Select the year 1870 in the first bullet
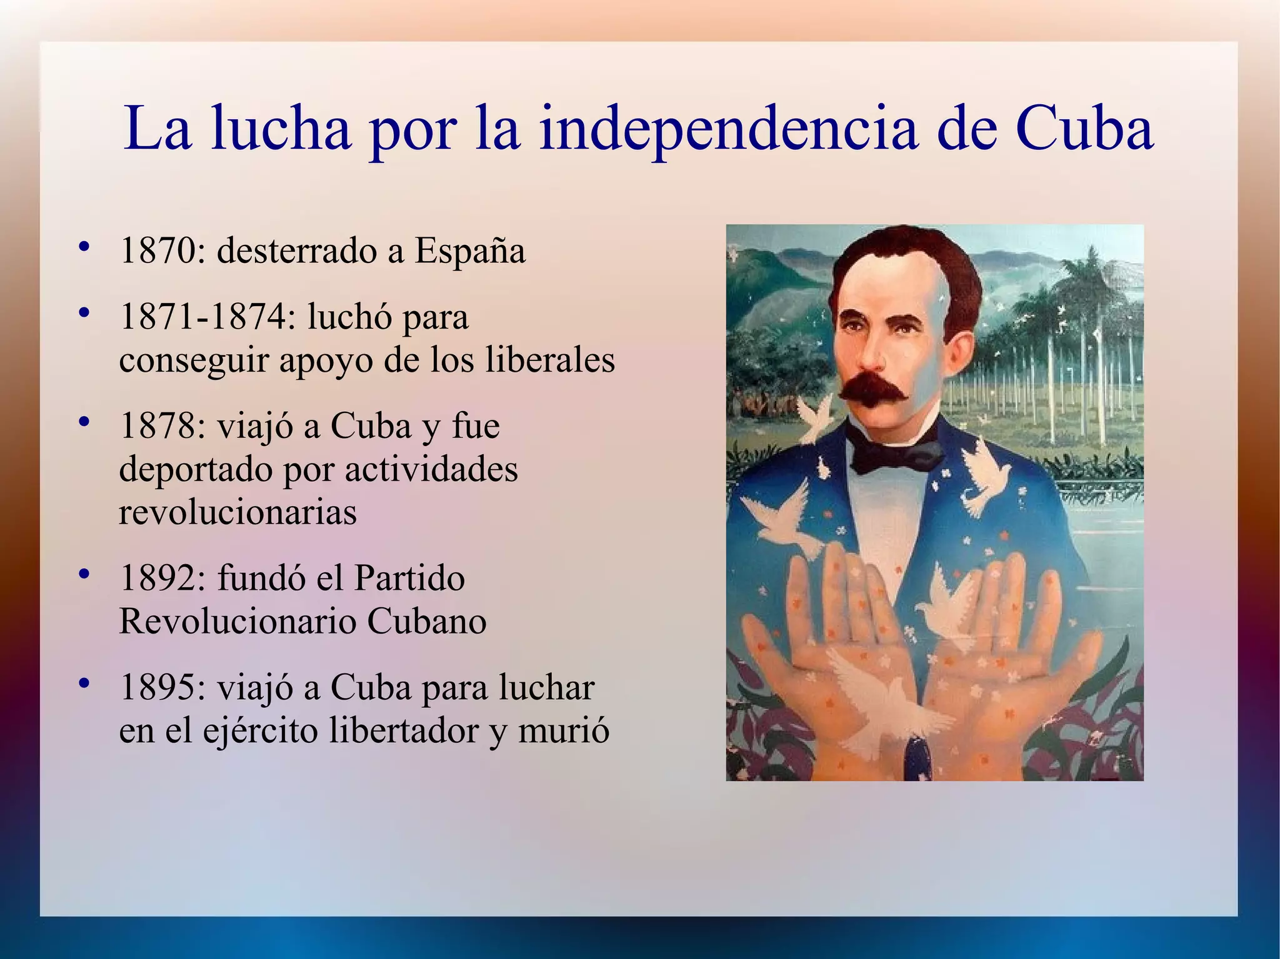click(157, 251)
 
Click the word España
click(470, 251)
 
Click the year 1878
click(157, 426)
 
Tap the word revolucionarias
click(237, 512)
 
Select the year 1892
click(157, 578)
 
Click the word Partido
click(409, 578)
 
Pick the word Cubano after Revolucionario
click(427, 621)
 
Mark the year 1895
click(157, 687)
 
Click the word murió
click(564, 730)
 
